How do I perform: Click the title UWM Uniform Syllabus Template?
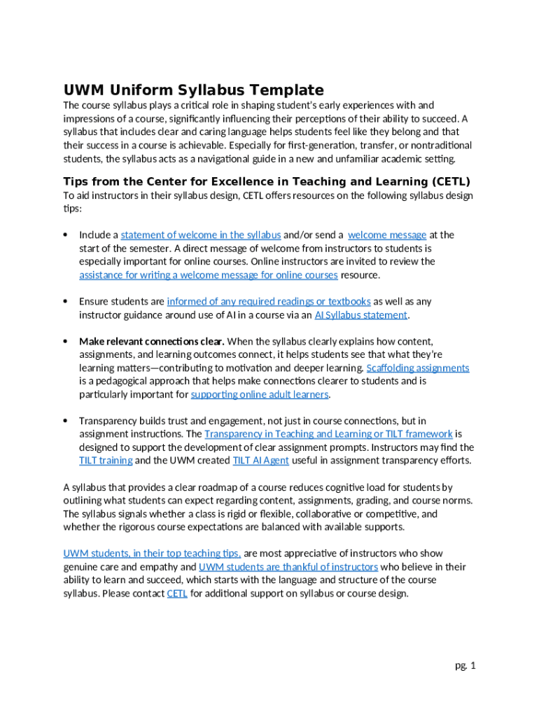coord(194,90)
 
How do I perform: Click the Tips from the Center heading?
coord(267,182)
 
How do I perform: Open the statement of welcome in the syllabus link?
coord(201,235)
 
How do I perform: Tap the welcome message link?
coord(386,235)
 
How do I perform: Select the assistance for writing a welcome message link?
coord(208,275)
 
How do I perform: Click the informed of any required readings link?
coord(269,302)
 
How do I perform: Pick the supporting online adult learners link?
coord(260,395)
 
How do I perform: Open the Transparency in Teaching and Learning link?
coord(328,434)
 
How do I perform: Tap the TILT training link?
coord(106,461)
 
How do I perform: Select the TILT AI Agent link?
coord(260,461)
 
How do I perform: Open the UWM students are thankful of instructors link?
coord(288,567)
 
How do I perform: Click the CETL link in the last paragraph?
coord(177,594)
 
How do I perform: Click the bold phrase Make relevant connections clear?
coord(152,342)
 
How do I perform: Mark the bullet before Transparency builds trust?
coord(65,421)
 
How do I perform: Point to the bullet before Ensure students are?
coord(65,302)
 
